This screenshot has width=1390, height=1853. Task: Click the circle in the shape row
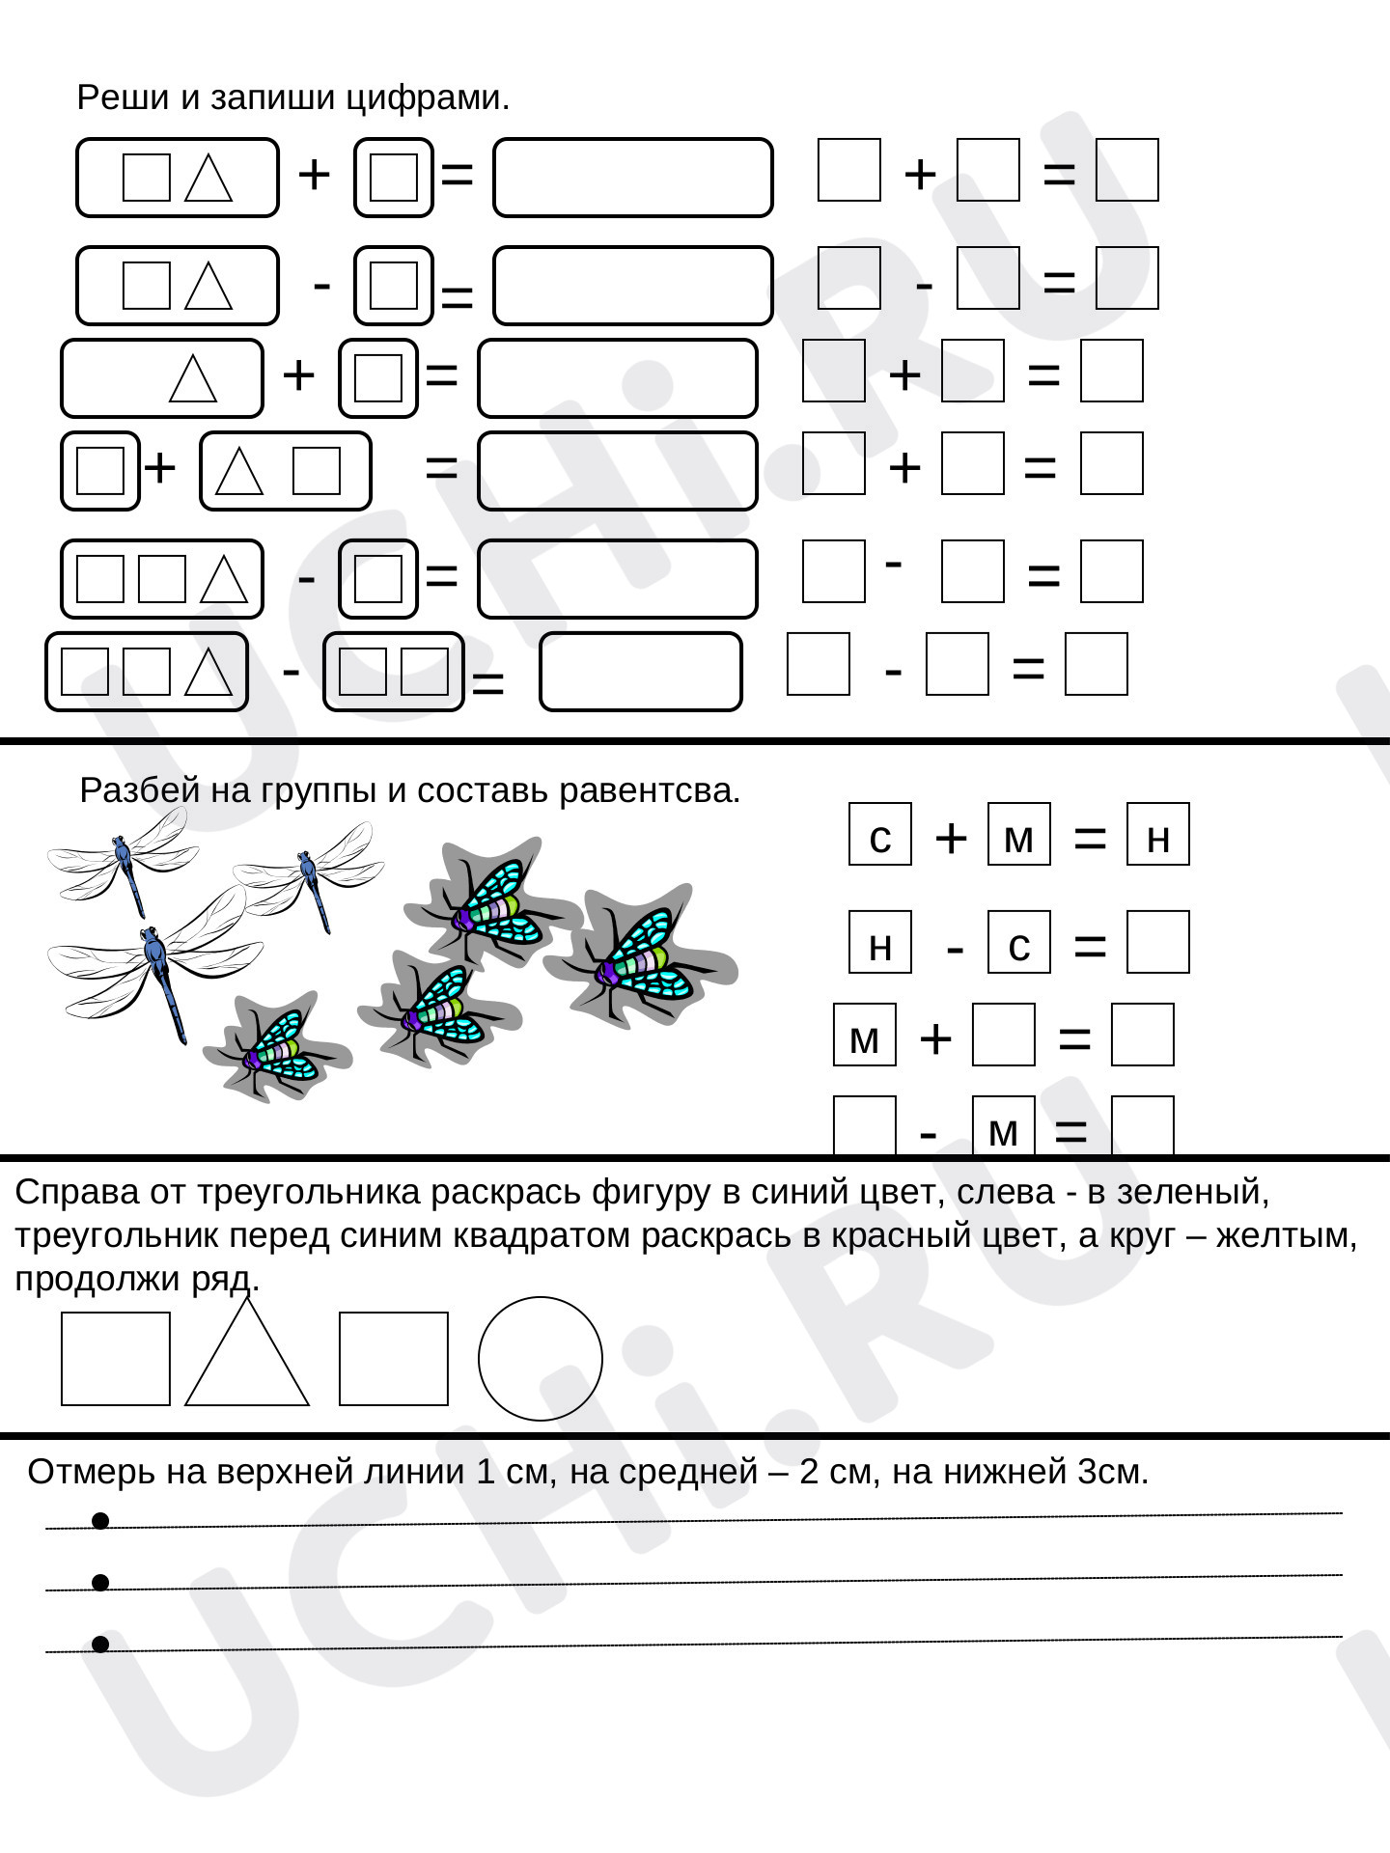pos(541,1359)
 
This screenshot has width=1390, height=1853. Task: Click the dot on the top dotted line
pos(100,1521)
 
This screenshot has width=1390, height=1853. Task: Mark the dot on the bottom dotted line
pos(100,1644)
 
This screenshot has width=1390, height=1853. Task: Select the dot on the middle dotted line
pos(100,1582)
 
